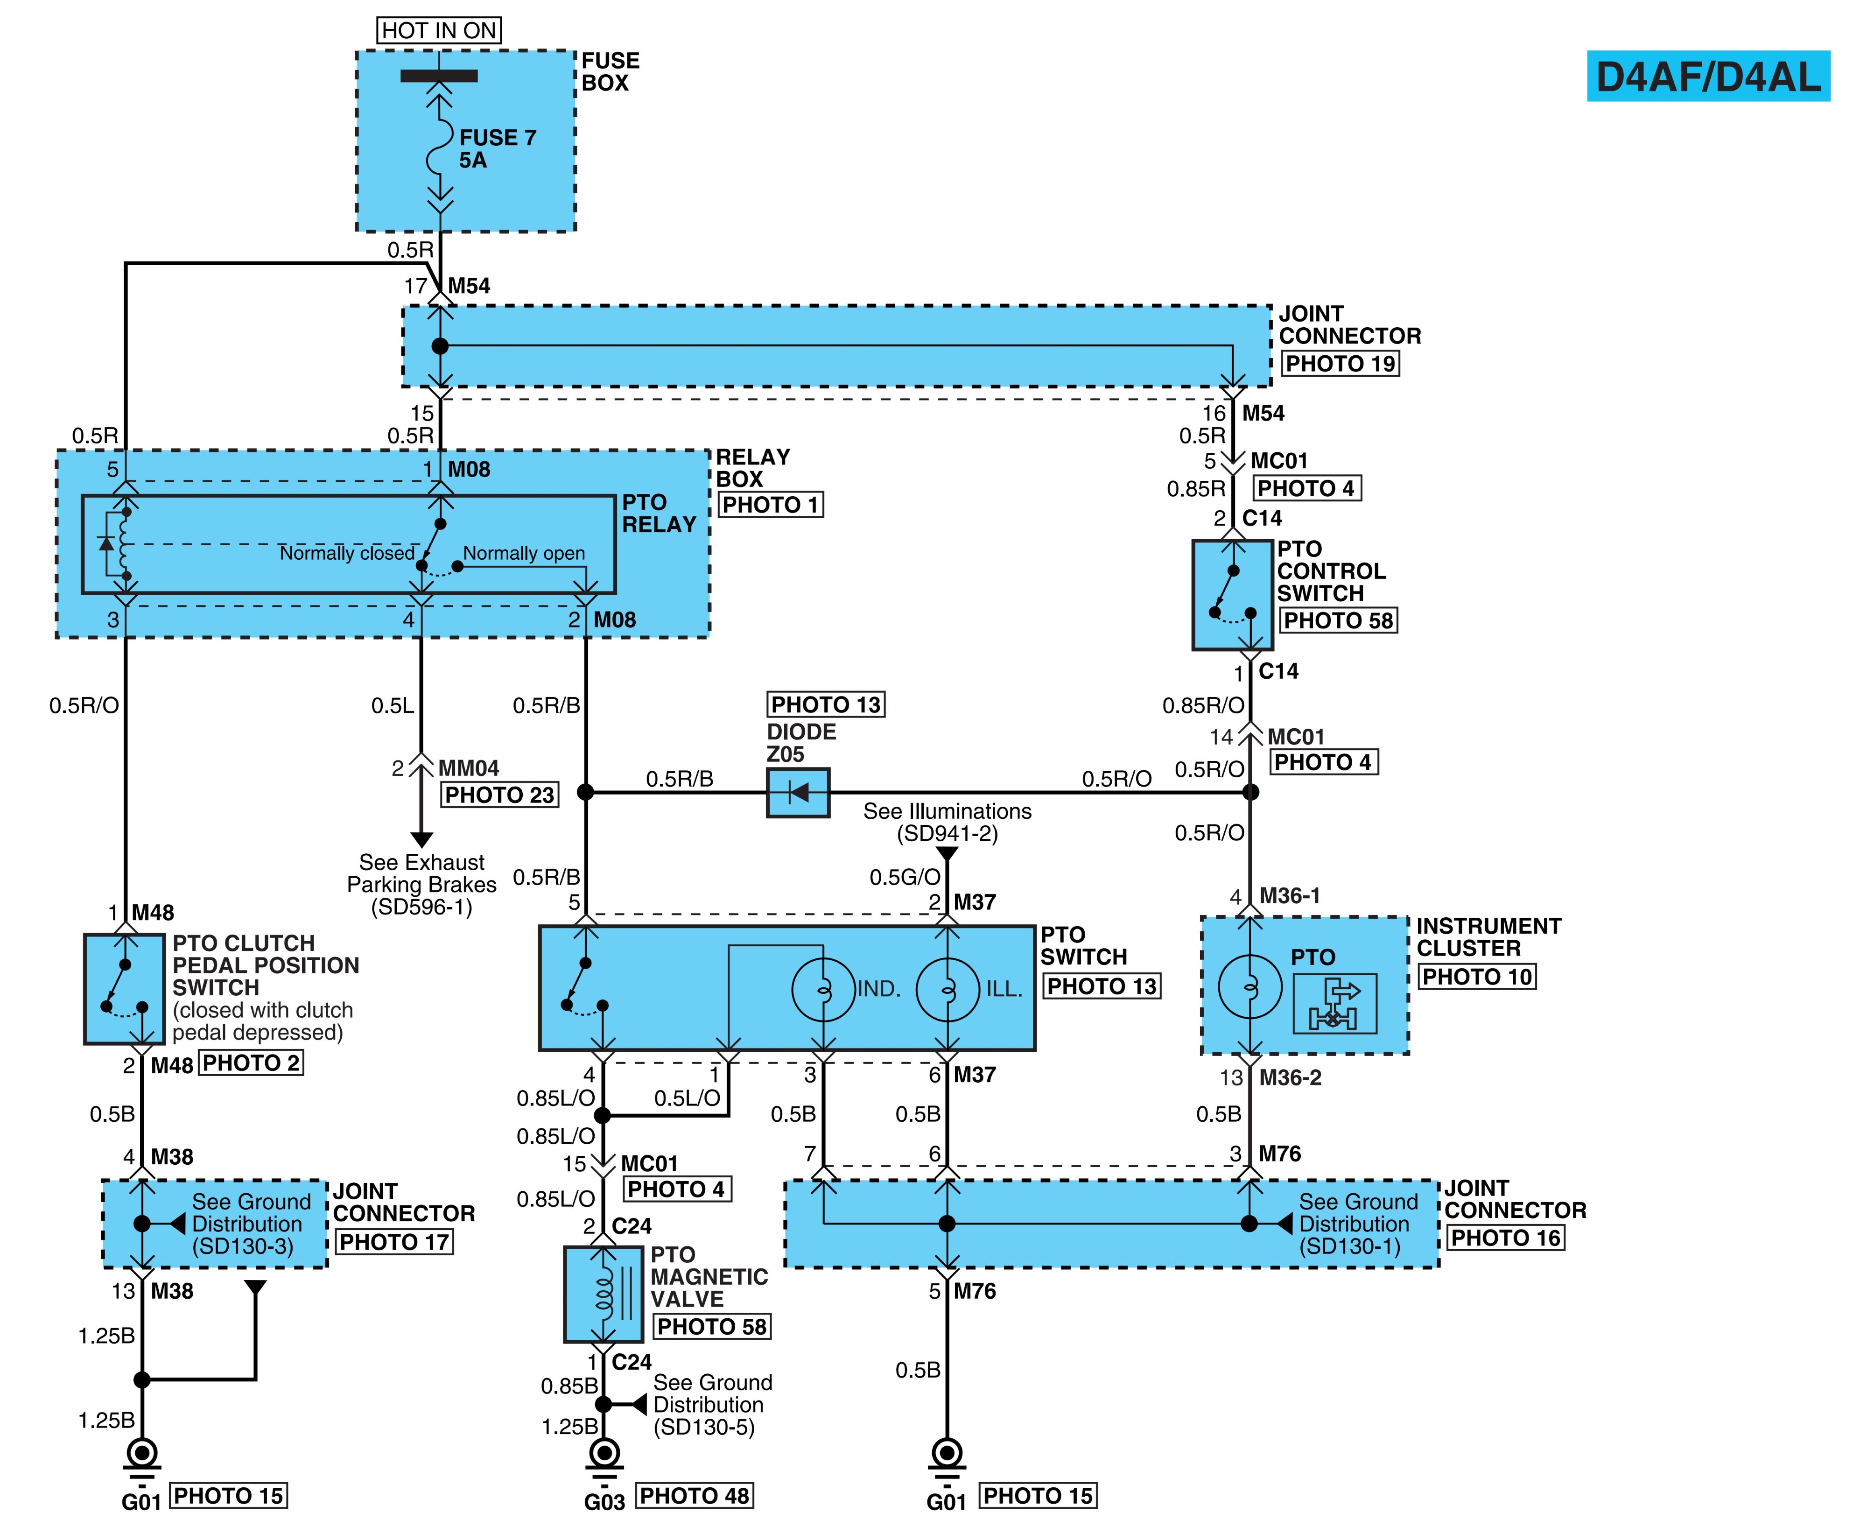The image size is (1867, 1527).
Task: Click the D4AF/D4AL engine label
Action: [1708, 77]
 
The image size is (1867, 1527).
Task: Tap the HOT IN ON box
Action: [439, 31]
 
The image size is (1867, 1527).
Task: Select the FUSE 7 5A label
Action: [497, 148]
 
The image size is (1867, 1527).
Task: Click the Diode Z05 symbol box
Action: [798, 793]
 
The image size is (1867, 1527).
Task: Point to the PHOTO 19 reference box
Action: [1340, 363]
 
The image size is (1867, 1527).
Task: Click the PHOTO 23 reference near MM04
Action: [499, 795]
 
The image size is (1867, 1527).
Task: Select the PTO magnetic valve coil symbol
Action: [604, 1294]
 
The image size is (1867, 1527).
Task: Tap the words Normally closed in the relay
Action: [346, 553]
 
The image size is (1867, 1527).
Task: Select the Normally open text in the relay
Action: [524, 553]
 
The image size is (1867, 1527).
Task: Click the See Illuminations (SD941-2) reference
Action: [947, 823]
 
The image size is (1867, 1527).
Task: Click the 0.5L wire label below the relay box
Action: [392, 705]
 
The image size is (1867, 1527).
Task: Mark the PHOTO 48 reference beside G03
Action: [694, 1495]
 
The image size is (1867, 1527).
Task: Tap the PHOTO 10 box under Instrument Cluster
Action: [1477, 976]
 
